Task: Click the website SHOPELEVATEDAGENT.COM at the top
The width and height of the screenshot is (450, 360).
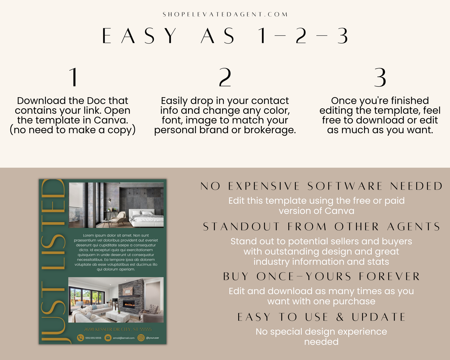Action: [225, 14]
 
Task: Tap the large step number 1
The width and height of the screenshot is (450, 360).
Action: [73, 77]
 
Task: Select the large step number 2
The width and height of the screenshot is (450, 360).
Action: [225, 77]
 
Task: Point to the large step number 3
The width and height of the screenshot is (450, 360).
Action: [380, 77]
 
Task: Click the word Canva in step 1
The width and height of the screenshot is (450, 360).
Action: [111, 120]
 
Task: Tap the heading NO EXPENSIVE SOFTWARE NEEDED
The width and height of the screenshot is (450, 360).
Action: [321, 186]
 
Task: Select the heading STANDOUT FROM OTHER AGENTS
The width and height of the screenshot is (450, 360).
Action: [321, 226]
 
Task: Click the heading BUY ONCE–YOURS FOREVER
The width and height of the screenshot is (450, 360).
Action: [321, 276]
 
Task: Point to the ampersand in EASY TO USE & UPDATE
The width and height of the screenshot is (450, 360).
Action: [340, 317]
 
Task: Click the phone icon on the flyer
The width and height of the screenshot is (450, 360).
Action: [81, 338]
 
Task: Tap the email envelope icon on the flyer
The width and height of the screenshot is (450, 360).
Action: [108, 338]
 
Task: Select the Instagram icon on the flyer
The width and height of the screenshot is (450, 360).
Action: [141, 338]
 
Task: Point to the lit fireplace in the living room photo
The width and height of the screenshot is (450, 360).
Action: [129, 304]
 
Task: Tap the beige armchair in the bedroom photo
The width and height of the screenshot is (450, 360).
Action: [118, 218]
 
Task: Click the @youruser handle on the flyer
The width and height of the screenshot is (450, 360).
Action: [153, 338]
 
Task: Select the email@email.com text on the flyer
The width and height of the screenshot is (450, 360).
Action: [124, 338]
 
